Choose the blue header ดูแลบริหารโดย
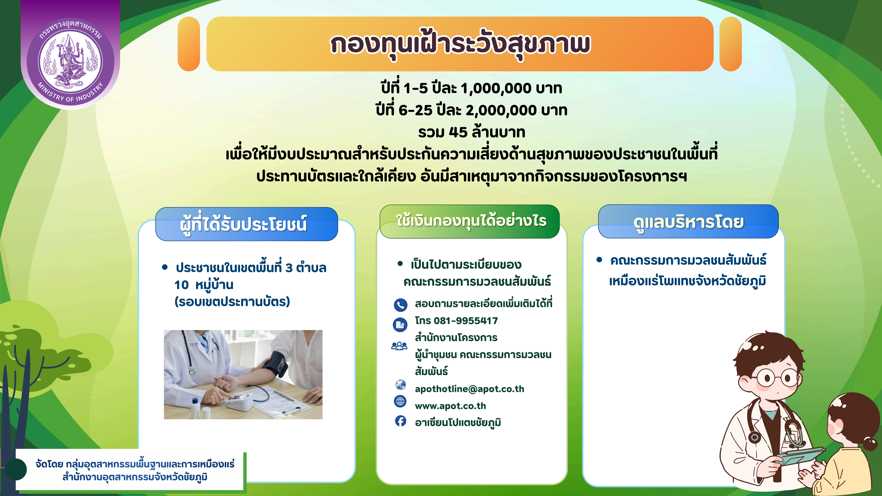click(x=688, y=222)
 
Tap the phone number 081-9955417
click(x=466, y=321)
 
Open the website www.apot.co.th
click(x=450, y=406)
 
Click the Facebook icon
click(x=400, y=421)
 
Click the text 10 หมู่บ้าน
click(x=204, y=285)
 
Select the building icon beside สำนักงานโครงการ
click(x=400, y=324)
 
